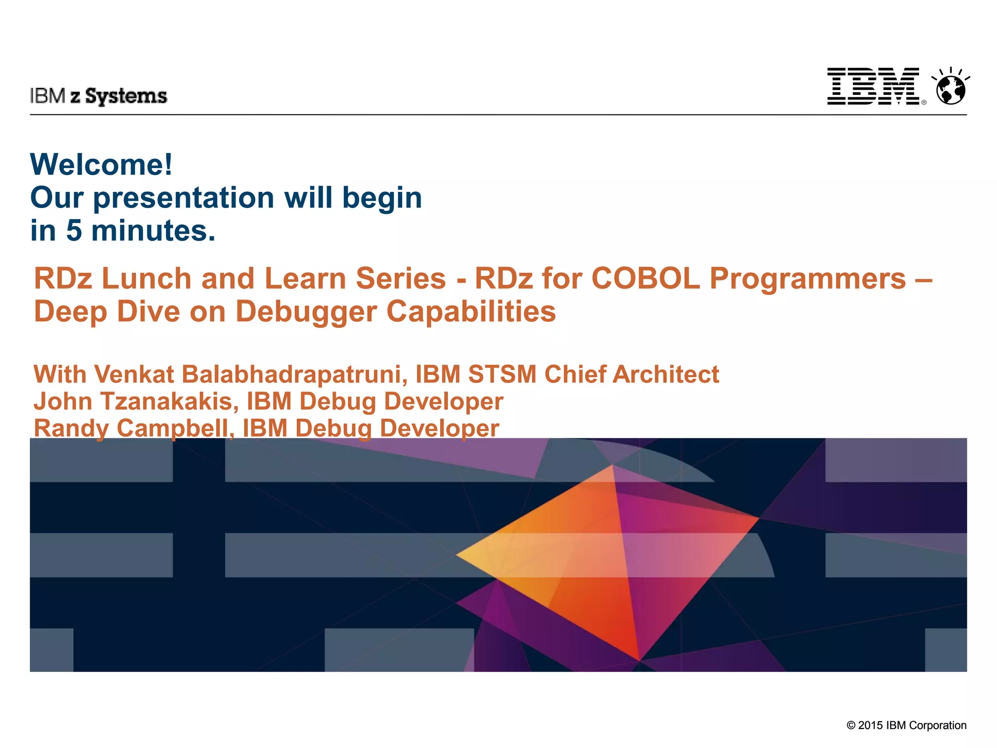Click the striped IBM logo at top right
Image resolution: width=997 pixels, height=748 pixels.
(873, 86)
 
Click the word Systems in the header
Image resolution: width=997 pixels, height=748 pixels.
(126, 96)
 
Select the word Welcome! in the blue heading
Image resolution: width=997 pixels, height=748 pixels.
(101, 164)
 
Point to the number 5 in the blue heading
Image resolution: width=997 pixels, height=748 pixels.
(74, 230)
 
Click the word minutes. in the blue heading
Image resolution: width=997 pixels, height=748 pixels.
(153, 230)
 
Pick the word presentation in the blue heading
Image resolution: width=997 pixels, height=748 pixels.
(184, 198)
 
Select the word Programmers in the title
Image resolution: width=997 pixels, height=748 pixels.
(808, 279)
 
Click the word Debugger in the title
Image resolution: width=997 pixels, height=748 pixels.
(306, 312)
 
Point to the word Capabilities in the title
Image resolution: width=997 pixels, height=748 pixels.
(471, 312)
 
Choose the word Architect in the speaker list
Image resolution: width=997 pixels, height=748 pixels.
(665, 374)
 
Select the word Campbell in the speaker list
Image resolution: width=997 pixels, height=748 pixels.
(173, 429)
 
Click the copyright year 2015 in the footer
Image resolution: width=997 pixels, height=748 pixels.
(870, 725)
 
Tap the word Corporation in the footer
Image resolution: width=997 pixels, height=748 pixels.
(938, 725)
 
